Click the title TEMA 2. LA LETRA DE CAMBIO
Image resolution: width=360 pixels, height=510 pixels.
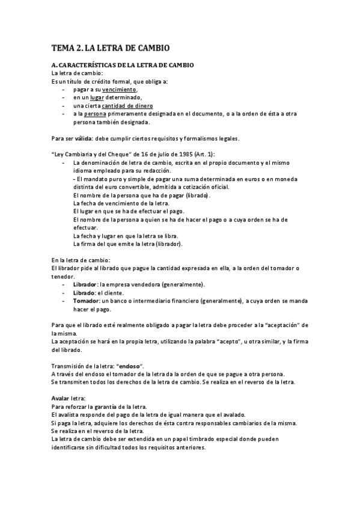click(110, 47)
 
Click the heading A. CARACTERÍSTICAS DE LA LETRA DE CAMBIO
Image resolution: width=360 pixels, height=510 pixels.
click(122, 65)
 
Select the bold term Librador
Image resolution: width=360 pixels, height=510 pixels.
click(85, 284)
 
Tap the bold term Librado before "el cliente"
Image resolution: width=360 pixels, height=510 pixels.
click(84, 292)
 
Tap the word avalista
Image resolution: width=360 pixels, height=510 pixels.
click(70, 414)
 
